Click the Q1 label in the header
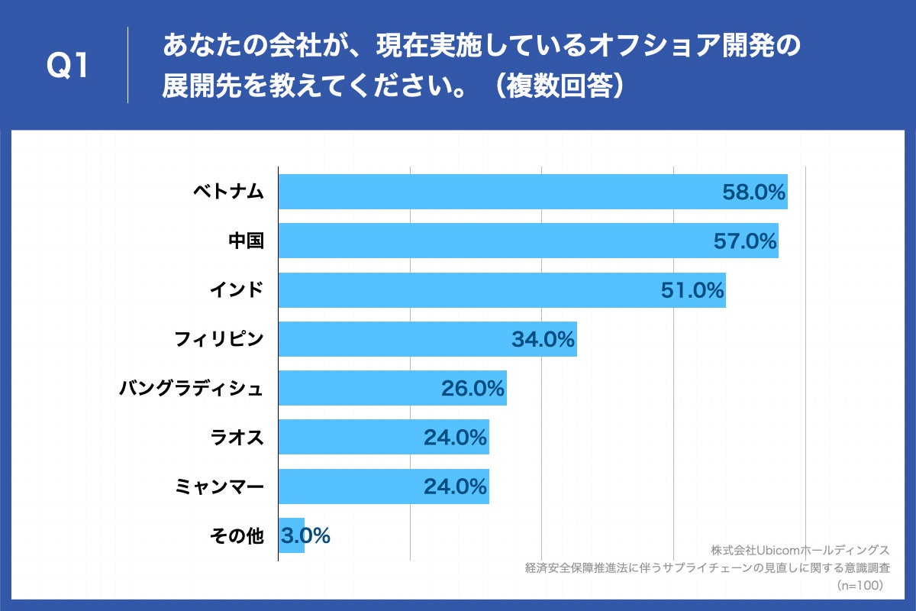click(x=68, y=66)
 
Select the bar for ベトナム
click(x=496, y=192)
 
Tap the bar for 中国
click(x=489, y=241)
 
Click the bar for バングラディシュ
click(x=359, y=388)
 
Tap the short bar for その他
click(x=292, y=535)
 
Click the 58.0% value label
click(x=753, y=192)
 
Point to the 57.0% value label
click(x=745, y=241)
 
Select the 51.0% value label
click(x=692, y=290)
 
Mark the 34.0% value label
click(x=543, y=339)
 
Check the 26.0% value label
click(x=473, y=389)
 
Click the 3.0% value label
click(x=305, y=536)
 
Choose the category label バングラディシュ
click(x=191, y=389)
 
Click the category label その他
click(x=237, y=536)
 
